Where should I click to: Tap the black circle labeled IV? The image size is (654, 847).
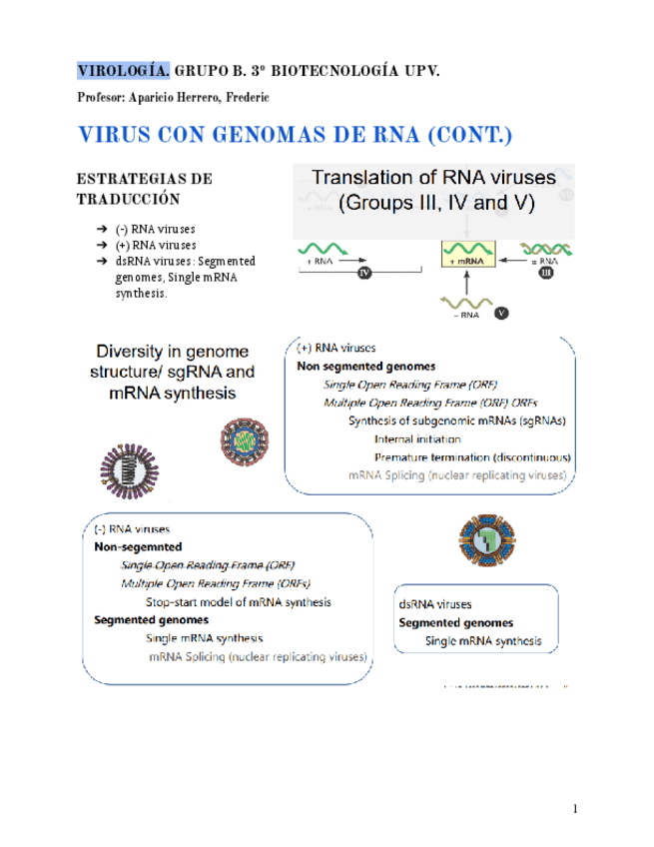tap(364, 273)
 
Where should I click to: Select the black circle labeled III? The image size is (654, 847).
tap(546, 273)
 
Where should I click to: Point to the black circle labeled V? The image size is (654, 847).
tap(501, 313)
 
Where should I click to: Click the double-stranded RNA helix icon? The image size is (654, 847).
tap(543, 250)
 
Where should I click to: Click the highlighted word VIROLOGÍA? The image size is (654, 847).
tap(124, 71)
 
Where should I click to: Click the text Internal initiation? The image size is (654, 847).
tap(417, 438)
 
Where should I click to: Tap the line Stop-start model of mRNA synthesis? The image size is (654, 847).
tap(239, 602)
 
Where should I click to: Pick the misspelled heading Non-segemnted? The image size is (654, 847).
tap(138, 547)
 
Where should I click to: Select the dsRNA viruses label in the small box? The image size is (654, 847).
tap(435, 604)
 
